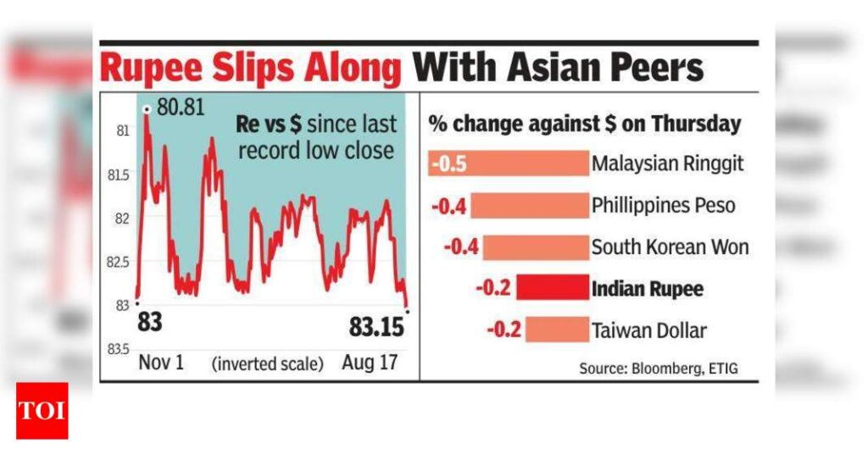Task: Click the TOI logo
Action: pos(42,411)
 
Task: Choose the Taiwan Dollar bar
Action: pos(556,330)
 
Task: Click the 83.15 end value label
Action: pos(377,326)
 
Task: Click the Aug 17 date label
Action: pos(370,363)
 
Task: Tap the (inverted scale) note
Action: pos(267,364)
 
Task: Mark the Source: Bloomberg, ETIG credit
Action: pos(665,368)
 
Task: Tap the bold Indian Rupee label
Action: pos(648,289)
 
